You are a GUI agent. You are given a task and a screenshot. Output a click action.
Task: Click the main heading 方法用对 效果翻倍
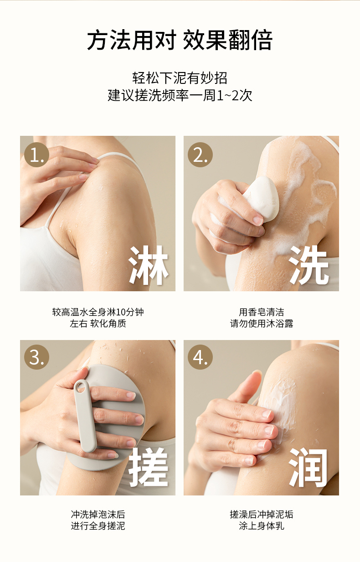point(180,40)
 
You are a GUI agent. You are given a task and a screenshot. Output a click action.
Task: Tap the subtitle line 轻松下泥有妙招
point(180,78)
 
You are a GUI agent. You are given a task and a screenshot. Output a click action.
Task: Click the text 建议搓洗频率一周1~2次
point(180,95)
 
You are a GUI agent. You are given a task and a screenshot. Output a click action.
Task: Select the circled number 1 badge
point(36,155)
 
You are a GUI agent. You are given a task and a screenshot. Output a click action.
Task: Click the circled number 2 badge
point(200,155)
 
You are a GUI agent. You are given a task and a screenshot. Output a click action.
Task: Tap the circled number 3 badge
point(36,357)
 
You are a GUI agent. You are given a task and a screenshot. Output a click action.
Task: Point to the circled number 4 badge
point(200,357)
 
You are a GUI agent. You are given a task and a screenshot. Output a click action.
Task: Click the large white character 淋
point(148,265)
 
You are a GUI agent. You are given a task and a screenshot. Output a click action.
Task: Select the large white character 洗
point(309,265)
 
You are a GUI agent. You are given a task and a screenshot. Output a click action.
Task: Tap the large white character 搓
point(148,467)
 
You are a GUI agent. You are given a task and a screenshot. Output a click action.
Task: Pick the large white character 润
point(309,467)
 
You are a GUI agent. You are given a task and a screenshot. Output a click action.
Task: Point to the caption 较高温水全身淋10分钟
point(98,312)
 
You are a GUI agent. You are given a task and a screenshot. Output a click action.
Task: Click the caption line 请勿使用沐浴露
point(262,324)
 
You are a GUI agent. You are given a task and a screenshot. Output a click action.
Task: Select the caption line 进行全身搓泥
point(98,526)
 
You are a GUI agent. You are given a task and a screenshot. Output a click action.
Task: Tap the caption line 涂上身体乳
point(262,526)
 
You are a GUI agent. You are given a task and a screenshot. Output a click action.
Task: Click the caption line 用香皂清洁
point(262,312)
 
